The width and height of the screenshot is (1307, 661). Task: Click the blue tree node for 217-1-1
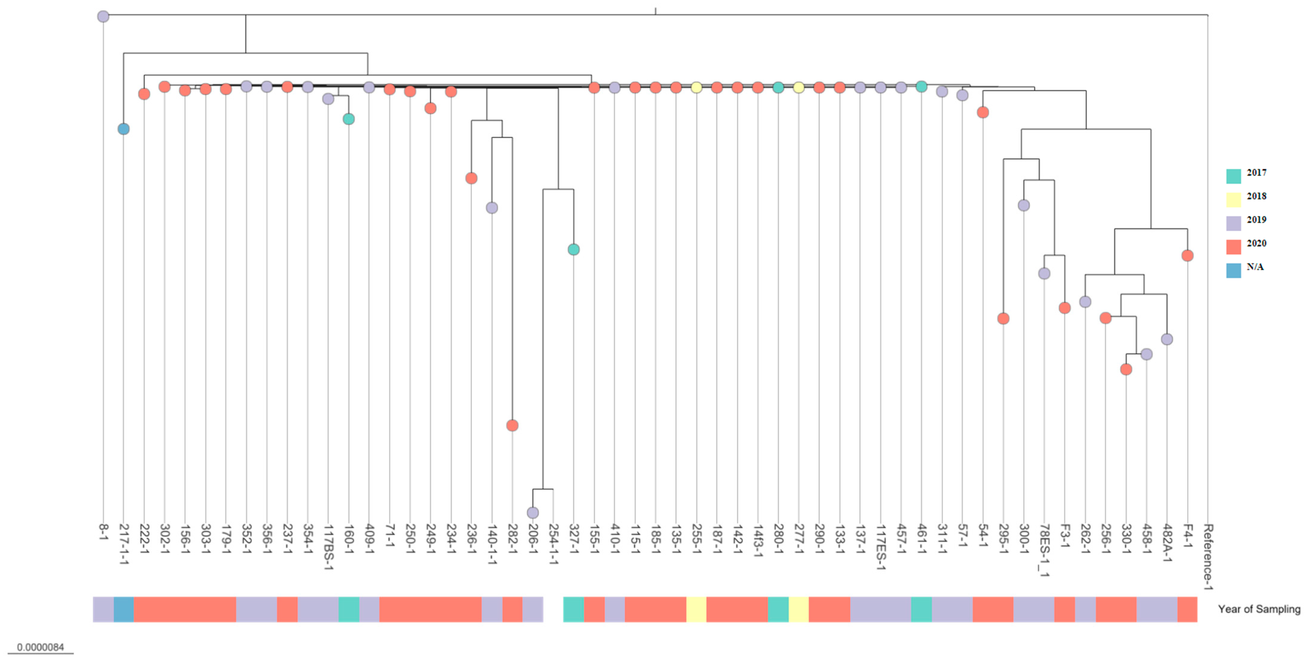coord(123,129)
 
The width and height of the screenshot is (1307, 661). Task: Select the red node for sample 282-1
coord(512,425)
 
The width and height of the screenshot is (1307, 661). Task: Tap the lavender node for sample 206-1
coord(532,512)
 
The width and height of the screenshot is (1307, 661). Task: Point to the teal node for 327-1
coord(573,249)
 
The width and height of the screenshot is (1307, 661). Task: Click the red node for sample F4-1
coord(1187,256)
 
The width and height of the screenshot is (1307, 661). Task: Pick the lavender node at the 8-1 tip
coord(103,16)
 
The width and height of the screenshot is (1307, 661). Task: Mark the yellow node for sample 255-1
coord(696,87)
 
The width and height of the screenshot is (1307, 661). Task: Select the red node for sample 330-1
coord(1126,369)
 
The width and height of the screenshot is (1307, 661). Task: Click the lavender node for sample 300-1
coord(1024,205)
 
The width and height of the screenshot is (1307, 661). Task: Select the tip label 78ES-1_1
coord(1044,550)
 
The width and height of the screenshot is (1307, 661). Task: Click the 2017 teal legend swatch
coord(1234,176)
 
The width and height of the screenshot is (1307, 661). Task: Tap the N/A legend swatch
coord(1234,270)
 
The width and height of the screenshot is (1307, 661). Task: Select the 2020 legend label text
coord(1256,243)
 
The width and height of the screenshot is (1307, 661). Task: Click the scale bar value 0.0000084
coord(40,647)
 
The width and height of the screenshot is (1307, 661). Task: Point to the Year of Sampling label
coord(1259,609)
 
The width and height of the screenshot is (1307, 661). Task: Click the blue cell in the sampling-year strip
coord(124,609)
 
